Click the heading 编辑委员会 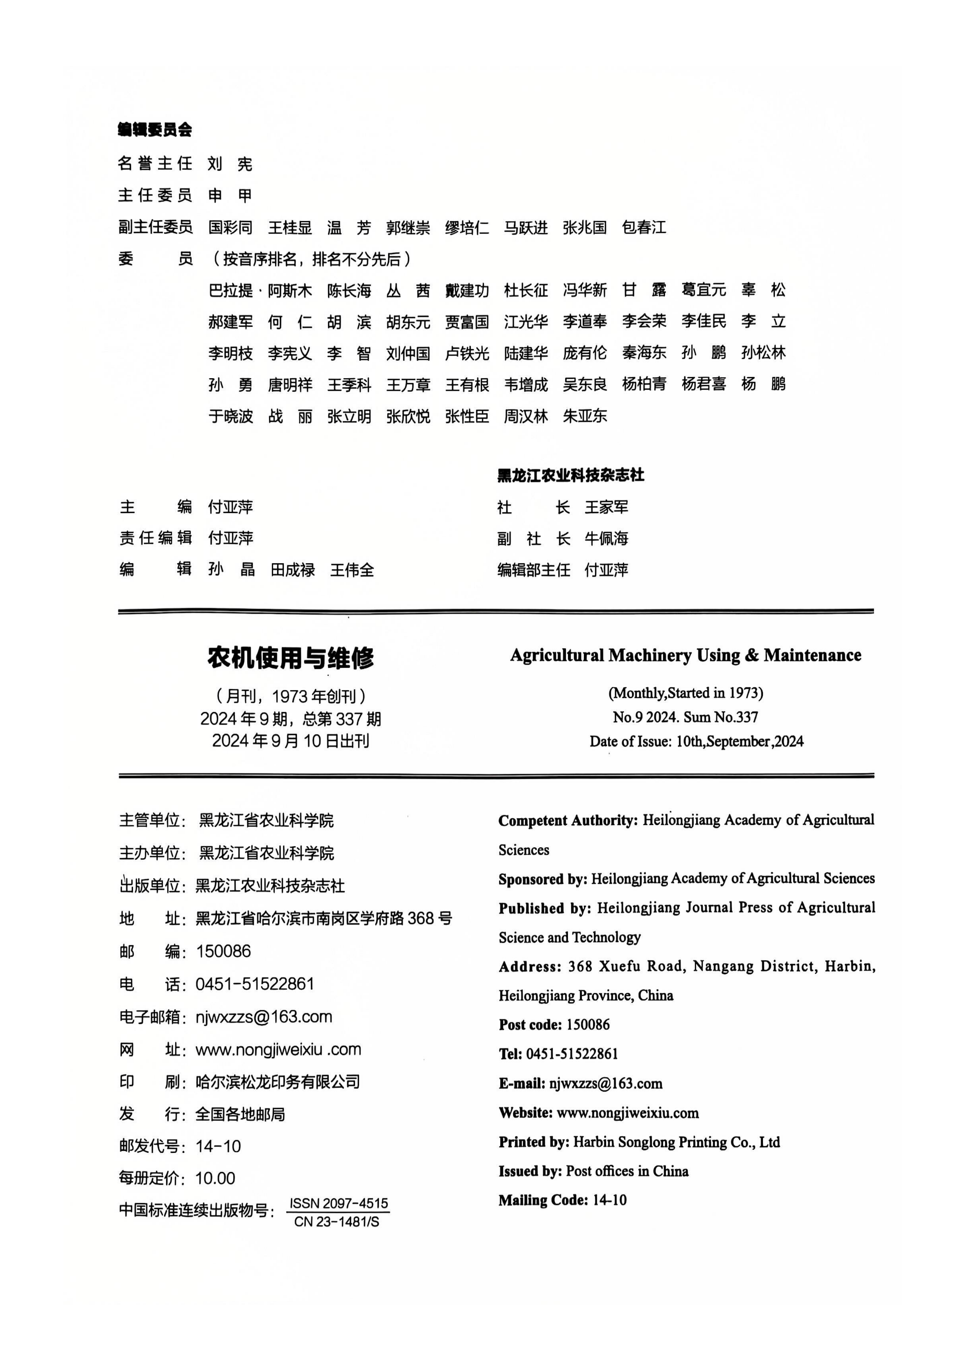[x=155, y=130]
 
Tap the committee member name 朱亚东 [x=585, y=416]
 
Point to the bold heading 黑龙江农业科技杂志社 [x=570, y=475]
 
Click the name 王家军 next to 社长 [x=606, y=507]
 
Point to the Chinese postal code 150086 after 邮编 [x=224, y=951]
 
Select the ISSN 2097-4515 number [x=338, y=1203]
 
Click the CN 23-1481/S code [x=337, y=1222]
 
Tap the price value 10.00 [x=215, y=1178]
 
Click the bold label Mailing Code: [x=543, y=1200]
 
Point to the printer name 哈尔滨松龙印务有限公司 [x=278, y=1081]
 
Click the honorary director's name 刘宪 [x=230, y=163]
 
